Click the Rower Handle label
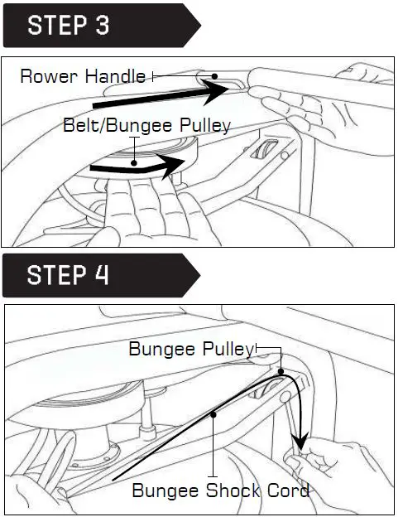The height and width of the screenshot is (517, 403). [82, 77]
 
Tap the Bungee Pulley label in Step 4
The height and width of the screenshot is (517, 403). [190, 349]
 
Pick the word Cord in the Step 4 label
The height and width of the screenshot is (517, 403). [290, 490]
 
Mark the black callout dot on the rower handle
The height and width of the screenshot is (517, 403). [214, 77]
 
